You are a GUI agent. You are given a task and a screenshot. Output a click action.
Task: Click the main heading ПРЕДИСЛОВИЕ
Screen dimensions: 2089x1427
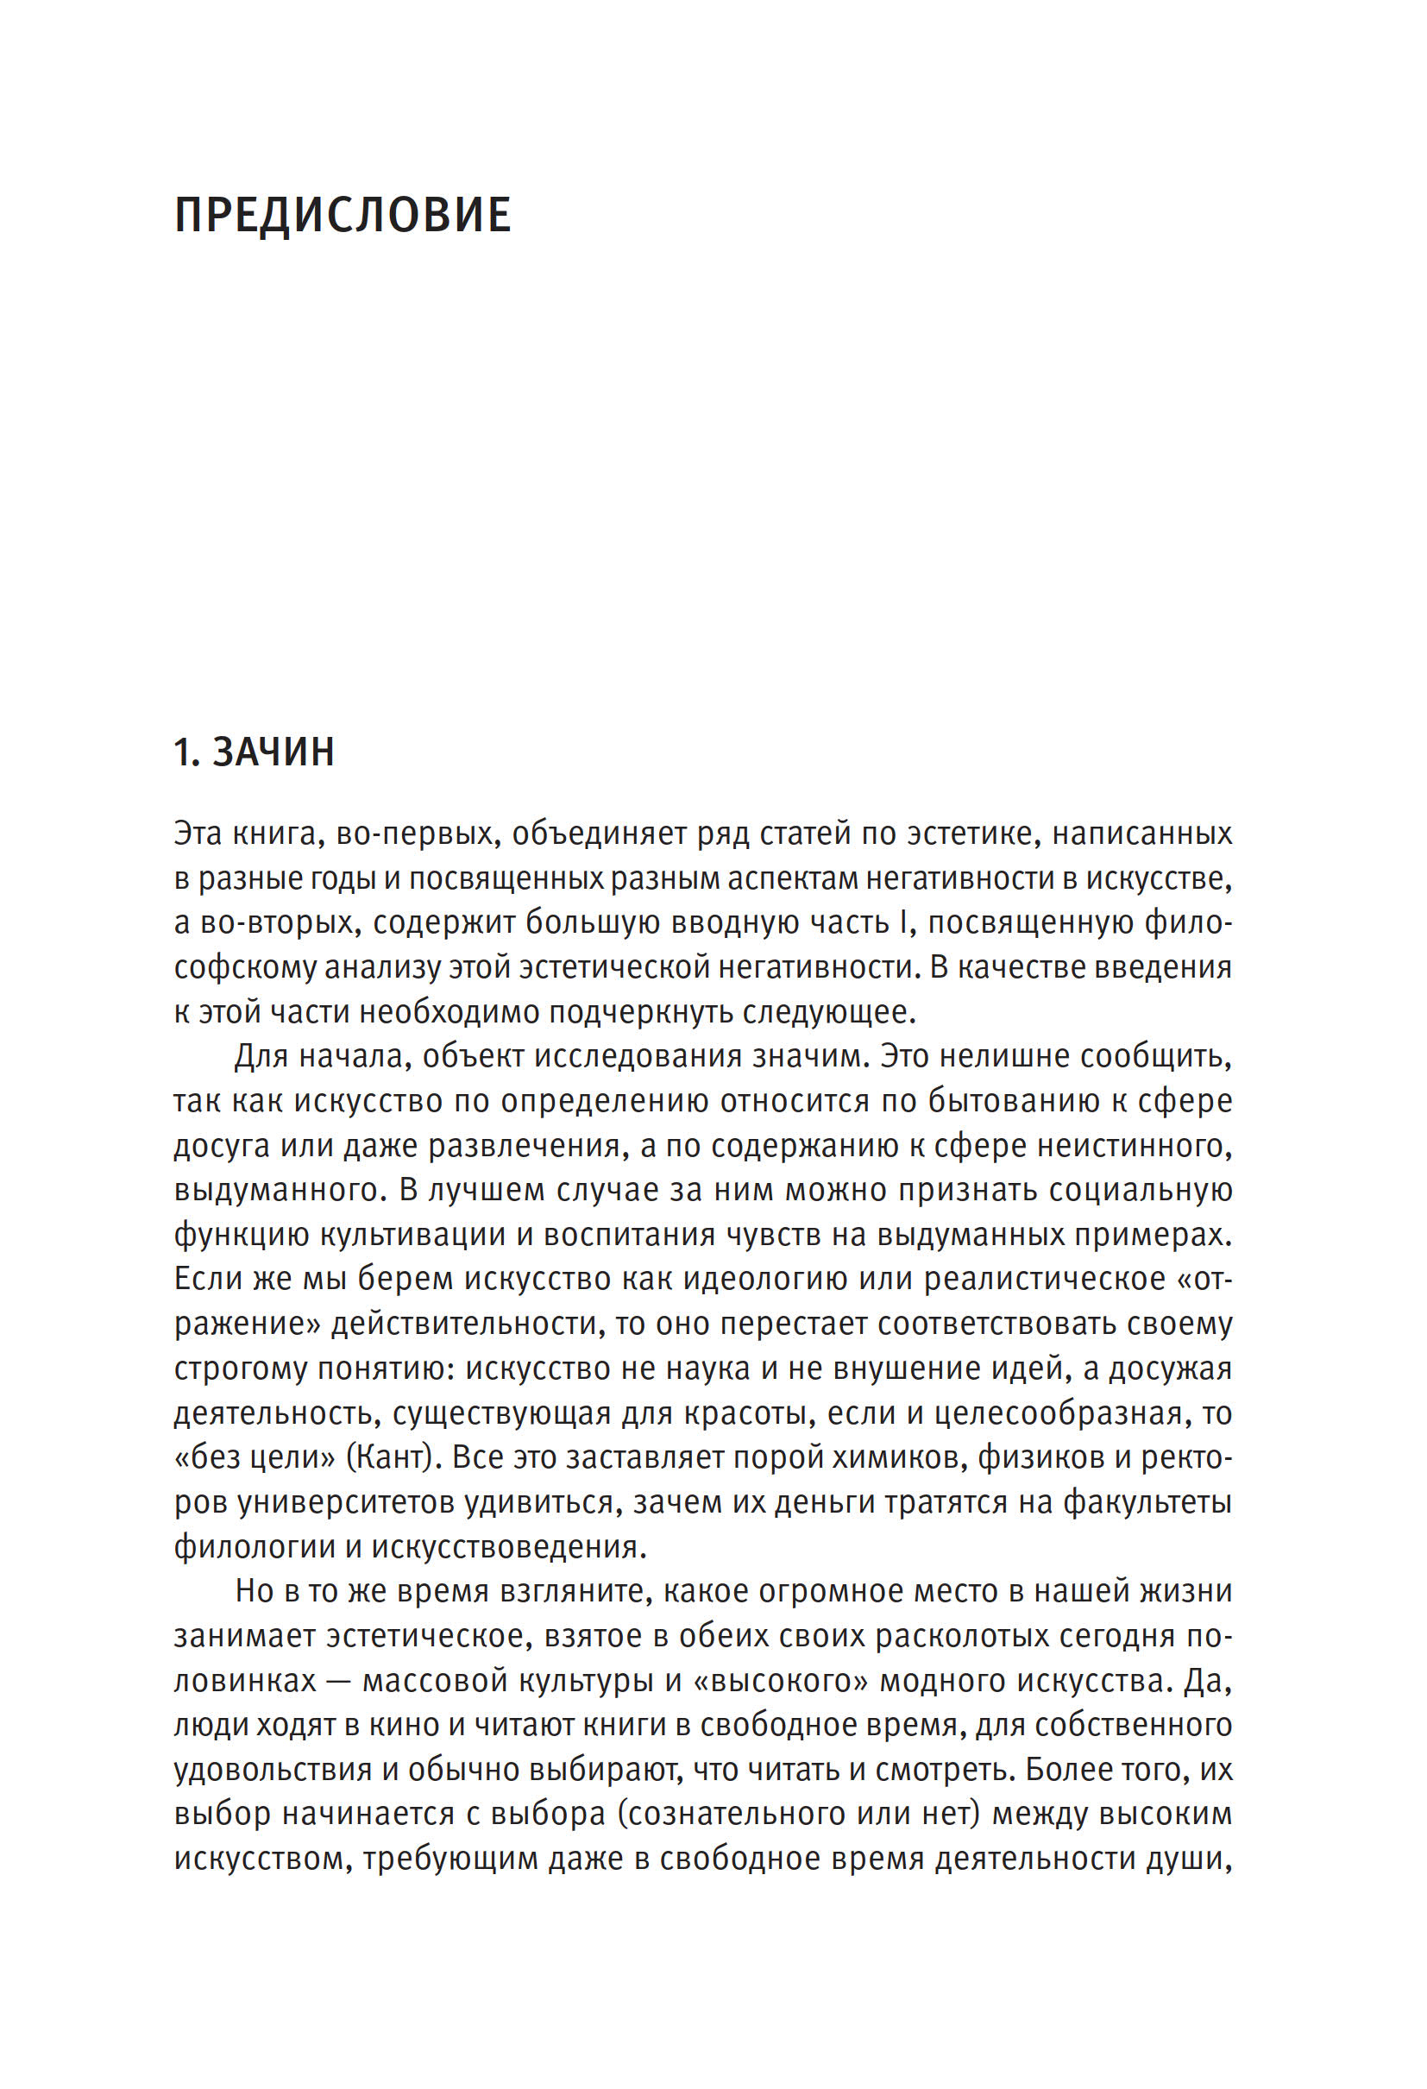pyautogui.click(x=343, y=216)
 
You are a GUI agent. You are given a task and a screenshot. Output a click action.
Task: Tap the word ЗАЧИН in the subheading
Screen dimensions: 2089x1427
pyautogui.click(x=273, y=752)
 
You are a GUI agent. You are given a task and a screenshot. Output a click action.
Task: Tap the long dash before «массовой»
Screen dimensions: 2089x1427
pyautogui.click(x=339, y=1681)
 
